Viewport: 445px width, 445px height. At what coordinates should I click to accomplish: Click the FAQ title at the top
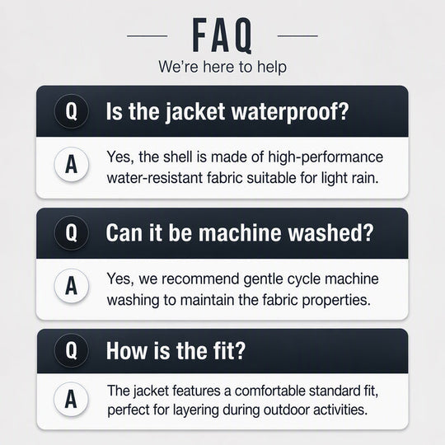pos(222,35)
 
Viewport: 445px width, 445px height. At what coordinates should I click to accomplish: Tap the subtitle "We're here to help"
pos(222,67)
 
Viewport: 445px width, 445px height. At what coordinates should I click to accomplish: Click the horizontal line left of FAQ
pos(147,36)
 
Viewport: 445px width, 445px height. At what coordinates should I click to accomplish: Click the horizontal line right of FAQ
pos(297,36)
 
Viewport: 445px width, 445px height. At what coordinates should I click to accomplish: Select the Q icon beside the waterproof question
pos(71,111)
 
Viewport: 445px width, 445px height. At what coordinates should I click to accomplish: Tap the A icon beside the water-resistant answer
pos(71,164)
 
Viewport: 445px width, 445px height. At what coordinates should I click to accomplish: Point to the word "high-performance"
pos(326,157)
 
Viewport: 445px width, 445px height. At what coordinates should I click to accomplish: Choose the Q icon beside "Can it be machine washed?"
pos(71,232)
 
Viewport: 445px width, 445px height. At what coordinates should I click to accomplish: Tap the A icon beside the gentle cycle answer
pos(71,286)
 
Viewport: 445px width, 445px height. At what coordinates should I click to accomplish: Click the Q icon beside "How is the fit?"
pos(71,351)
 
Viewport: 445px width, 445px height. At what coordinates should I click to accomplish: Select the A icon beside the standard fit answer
pos(71,399)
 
